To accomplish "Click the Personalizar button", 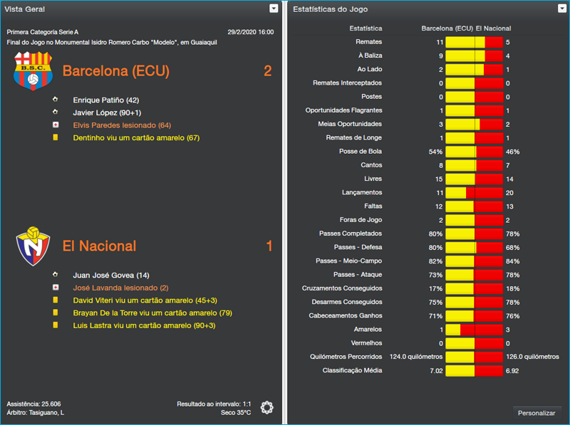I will [537, 413].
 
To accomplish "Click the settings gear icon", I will [266, 407].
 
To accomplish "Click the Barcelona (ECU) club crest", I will [33, 71].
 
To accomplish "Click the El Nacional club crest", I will [33, 245].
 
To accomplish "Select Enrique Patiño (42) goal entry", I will [105, 100].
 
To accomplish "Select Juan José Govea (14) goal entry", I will [111, 275].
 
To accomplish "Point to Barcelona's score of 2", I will [268, 71].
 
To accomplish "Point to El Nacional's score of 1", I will [269, 246].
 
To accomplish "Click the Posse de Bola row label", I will [361, 152].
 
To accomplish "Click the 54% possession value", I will [435, 152].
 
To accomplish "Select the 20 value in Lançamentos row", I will [509, 193].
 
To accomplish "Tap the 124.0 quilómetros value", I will [416, 357].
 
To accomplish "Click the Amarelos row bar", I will [474, 330].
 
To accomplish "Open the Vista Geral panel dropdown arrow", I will [274, 9].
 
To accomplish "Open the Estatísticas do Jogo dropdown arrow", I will [562, 9].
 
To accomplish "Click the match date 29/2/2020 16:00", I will [250, 32].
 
